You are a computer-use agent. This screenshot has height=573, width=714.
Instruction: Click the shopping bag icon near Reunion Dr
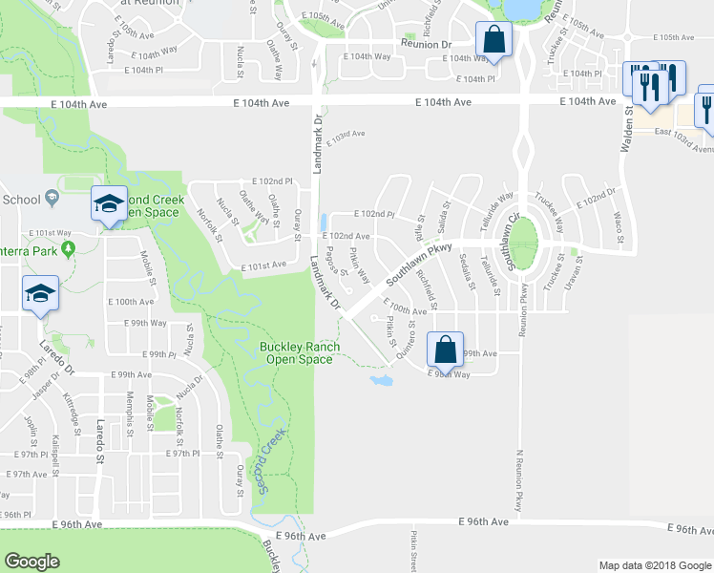pyautogui.click(x=493, y=40)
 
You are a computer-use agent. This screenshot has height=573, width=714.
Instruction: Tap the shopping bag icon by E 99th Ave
pyautogui.click(x=445, y=349)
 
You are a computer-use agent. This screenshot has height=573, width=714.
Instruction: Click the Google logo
pyautogui.click(x=32, y=561)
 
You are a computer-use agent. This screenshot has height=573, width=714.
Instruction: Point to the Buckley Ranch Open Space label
pyautogui.click(x=296, y=352)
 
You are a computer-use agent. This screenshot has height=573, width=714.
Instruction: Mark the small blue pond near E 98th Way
pyautogui.click(x=380, y=380)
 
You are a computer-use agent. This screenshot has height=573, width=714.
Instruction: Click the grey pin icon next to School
pyautogui.click(x=53, y=198)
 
